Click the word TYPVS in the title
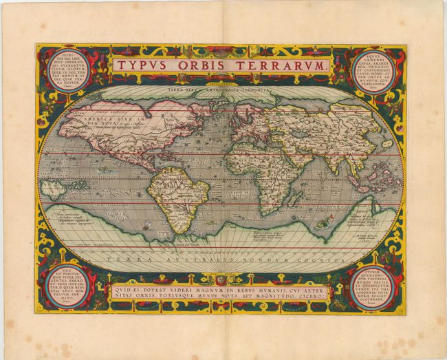(138, 65)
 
